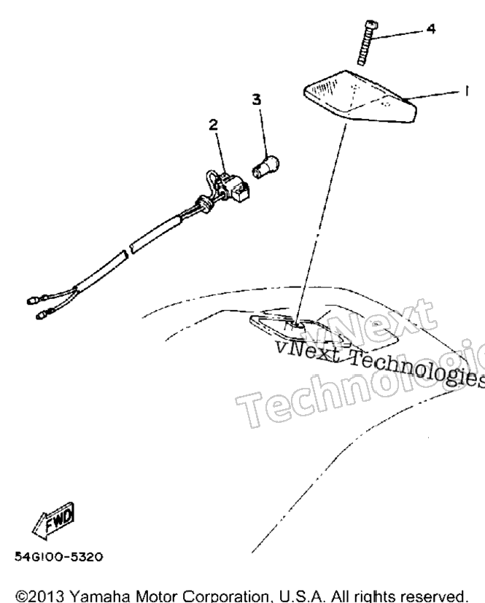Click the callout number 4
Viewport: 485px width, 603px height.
pyautogui.click(x=431, y=29)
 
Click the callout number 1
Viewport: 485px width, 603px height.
pyautogui.click(x=466, y=91)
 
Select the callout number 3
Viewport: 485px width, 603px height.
pyautogui.click(x=257, y=100)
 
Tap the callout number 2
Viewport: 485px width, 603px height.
pyautogui.click(x=214, y=125)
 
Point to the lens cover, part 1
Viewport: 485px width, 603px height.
pyautogui.click(x=360, y=96)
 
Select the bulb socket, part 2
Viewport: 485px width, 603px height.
pyautogui.click(x=227, y=187)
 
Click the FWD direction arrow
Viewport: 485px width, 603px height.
pyautogui.click(x=53, y=521)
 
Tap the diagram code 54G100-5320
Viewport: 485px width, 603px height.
pyautogui.click(x=59, y=557)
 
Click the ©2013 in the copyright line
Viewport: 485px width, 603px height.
pyautogui.click(x=41, y=596)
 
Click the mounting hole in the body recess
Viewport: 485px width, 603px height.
pyautogui.click(x=295, y=326)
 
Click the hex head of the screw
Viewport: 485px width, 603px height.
pyautogui.click(x=372, y=25)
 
